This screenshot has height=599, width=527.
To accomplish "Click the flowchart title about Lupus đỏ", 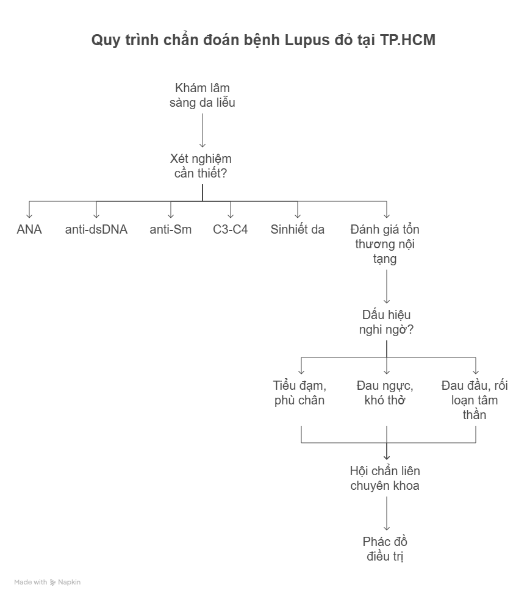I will tap(263, 41).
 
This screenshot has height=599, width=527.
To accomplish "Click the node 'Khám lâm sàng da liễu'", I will tap(203, 95).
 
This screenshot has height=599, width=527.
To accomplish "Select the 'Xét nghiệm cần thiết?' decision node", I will tap(201, 166).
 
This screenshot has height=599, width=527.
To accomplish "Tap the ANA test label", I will tap(29, 230).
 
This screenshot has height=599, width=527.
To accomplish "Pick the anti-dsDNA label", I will tap(96, 230).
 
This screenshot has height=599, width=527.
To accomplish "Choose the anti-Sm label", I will tap(171, 230).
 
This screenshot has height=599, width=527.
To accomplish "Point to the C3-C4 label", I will tap(231, 230).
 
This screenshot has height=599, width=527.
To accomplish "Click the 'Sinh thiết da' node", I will tap(298, 230).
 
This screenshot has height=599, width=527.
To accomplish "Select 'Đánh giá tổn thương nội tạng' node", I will tap(385, 244).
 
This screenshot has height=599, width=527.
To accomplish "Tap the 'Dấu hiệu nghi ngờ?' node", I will tap(387, 323).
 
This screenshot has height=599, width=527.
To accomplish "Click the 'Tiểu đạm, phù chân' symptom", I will tap(300, 393).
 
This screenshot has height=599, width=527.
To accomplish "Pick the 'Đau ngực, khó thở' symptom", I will tap(385, 393).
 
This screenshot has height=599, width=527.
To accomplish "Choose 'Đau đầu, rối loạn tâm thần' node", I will tap(475, 400).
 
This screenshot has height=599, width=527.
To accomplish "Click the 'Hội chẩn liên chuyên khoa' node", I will tap(385, 479).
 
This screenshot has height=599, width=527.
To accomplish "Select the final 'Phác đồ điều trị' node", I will tap(385, 549).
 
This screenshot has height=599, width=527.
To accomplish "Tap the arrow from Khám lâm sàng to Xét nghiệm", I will tap(203, 131).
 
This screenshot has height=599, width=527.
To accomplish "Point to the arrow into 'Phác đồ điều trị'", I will tap(387, 516).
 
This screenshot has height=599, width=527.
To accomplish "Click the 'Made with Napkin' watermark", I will tap(48, 583).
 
